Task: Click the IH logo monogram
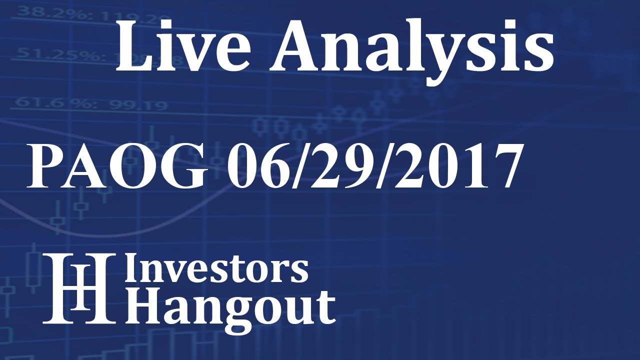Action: [x=78, y=287]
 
